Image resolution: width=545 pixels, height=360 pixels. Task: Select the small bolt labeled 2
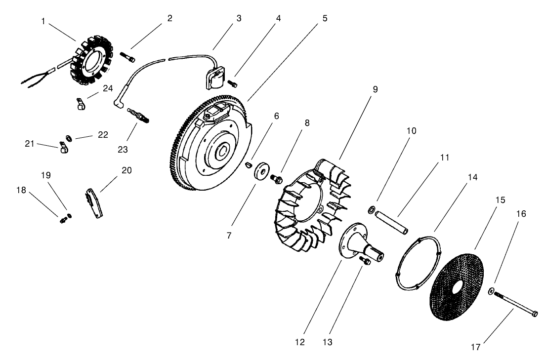point(128,57)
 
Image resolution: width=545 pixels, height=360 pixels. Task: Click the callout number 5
point(325,18)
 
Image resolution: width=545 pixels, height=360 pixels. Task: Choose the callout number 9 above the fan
point(375,89)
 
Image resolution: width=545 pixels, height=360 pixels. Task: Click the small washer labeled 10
point(371,211)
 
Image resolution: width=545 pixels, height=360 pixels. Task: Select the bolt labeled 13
point(365,261)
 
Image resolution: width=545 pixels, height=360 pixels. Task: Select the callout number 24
point(107,88)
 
